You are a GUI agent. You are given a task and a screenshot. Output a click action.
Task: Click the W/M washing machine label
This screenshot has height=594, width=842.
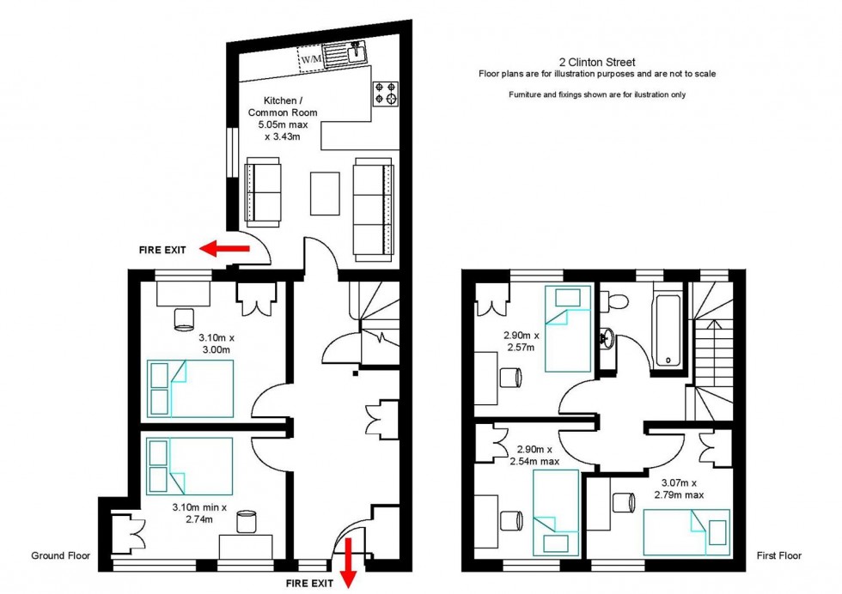311,59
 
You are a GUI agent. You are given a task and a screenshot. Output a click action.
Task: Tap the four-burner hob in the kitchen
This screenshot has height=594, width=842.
385,93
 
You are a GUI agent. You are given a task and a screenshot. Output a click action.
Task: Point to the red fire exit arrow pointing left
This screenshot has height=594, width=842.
223,249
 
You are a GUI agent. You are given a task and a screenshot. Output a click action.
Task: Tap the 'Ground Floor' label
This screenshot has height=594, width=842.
60,555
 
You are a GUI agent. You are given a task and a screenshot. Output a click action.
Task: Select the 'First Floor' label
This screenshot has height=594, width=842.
778,555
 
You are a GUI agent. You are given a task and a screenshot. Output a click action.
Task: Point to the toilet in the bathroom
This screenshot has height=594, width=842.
613,301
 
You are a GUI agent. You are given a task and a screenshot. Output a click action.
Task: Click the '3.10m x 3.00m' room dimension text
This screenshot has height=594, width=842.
215,343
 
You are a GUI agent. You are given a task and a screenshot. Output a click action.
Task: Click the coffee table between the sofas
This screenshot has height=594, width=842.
326,193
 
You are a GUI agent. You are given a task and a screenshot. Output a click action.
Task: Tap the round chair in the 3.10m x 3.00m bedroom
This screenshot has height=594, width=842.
184,319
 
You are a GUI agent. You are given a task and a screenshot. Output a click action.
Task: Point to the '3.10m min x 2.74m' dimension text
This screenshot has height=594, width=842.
199,513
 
